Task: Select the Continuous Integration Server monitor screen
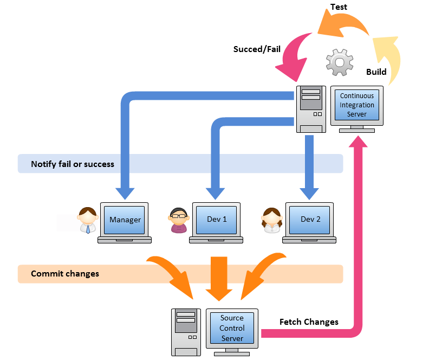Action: pos(357,105)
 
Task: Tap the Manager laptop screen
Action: pos(125,220)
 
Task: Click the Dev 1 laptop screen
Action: pos(217,220)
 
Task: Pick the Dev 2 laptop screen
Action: pos(310,220)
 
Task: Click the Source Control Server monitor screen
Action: pos(232,328)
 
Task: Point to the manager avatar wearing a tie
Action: pos(88,220)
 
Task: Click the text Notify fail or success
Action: pos(73,164)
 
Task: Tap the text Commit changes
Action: pos(65,274)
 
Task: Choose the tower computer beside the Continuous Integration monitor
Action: pos(311,108)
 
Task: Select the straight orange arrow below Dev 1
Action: pos(219,278)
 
